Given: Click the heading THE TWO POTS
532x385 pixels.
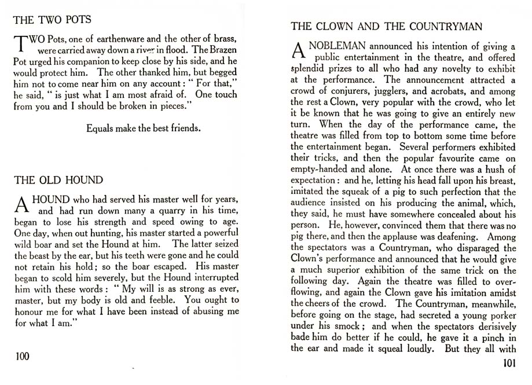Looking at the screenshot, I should tap(52, 20).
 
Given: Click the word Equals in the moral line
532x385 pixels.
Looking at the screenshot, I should tap(100, 129).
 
